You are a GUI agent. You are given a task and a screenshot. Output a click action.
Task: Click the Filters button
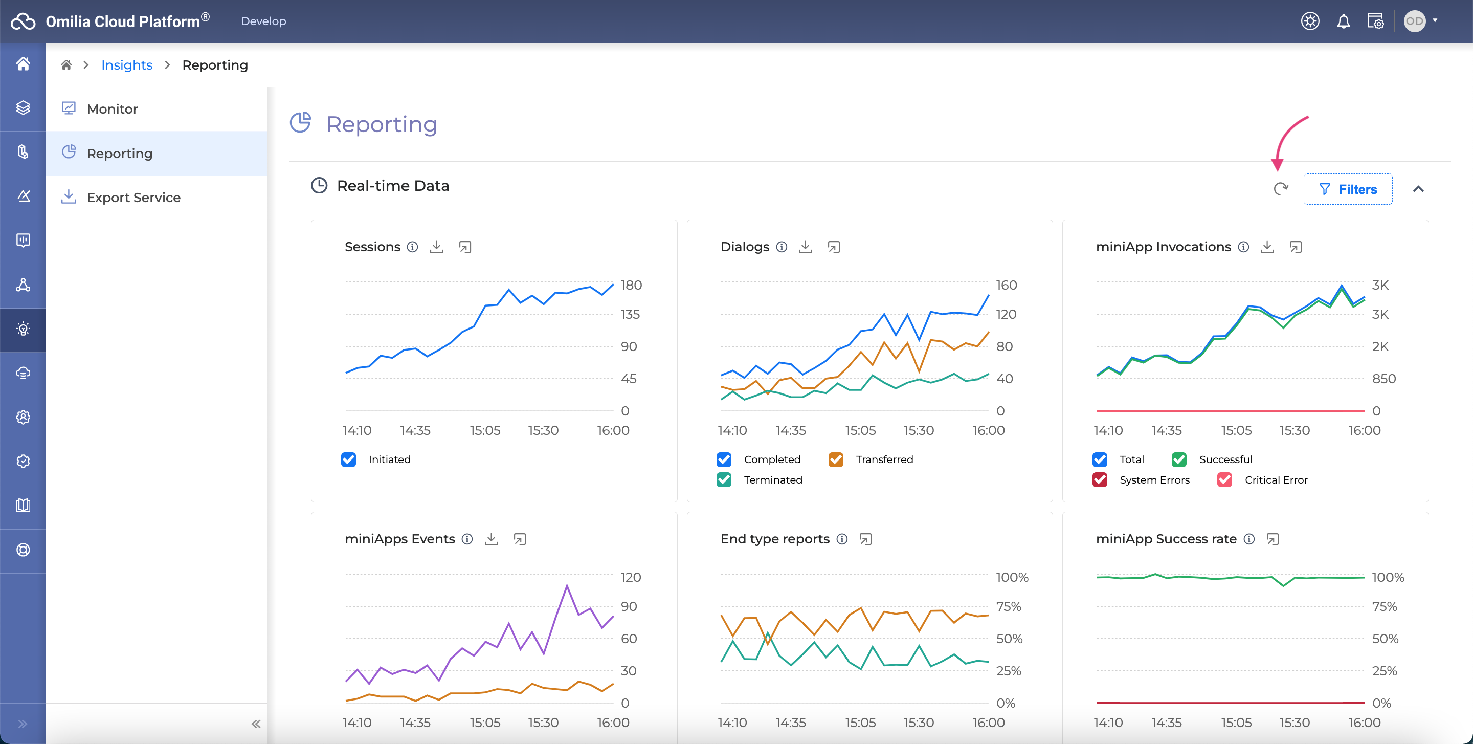click(x=1348, y=189)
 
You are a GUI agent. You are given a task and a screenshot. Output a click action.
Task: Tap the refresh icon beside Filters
click(x=1281, y=189)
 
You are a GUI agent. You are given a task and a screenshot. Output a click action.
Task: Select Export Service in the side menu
click(x=133, y=198)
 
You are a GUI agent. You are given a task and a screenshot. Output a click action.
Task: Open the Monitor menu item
click(x=112, y=108)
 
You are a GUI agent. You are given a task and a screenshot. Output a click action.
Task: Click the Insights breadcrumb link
click(x=126, y=65)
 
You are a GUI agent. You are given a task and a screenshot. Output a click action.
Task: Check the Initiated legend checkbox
click(x=349, y=459)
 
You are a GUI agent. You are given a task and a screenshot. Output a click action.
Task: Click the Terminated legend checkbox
click(x=724, y=480)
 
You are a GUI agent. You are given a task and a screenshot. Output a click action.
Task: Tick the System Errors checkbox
click(x=1100, y=480)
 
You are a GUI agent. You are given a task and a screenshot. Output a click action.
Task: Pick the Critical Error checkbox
click(x=1225, y=480)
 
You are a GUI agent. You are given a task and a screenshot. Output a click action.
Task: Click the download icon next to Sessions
click(x=436, y=247)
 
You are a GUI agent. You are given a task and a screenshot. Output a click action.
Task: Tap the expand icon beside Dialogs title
click(x=834, y=247)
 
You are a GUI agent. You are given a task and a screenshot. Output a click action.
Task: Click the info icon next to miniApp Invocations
click(x=1244, y=247)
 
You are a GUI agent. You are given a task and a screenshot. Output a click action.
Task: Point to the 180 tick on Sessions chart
click(x=631, y=285)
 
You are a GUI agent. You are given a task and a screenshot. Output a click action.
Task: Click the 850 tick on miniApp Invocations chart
click(x=1384, y=379)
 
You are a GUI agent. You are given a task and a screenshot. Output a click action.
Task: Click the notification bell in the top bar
click(x=1343, y=21)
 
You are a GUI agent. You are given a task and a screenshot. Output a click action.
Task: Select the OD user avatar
click(x=1415, y=21)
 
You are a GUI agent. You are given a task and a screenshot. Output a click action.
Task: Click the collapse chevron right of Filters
click(x=1419, y=189)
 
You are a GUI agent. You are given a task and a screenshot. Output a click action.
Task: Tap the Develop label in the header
click(x=263, y=21)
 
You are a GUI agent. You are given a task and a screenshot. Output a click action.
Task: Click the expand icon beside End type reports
click(x=866, y=539)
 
